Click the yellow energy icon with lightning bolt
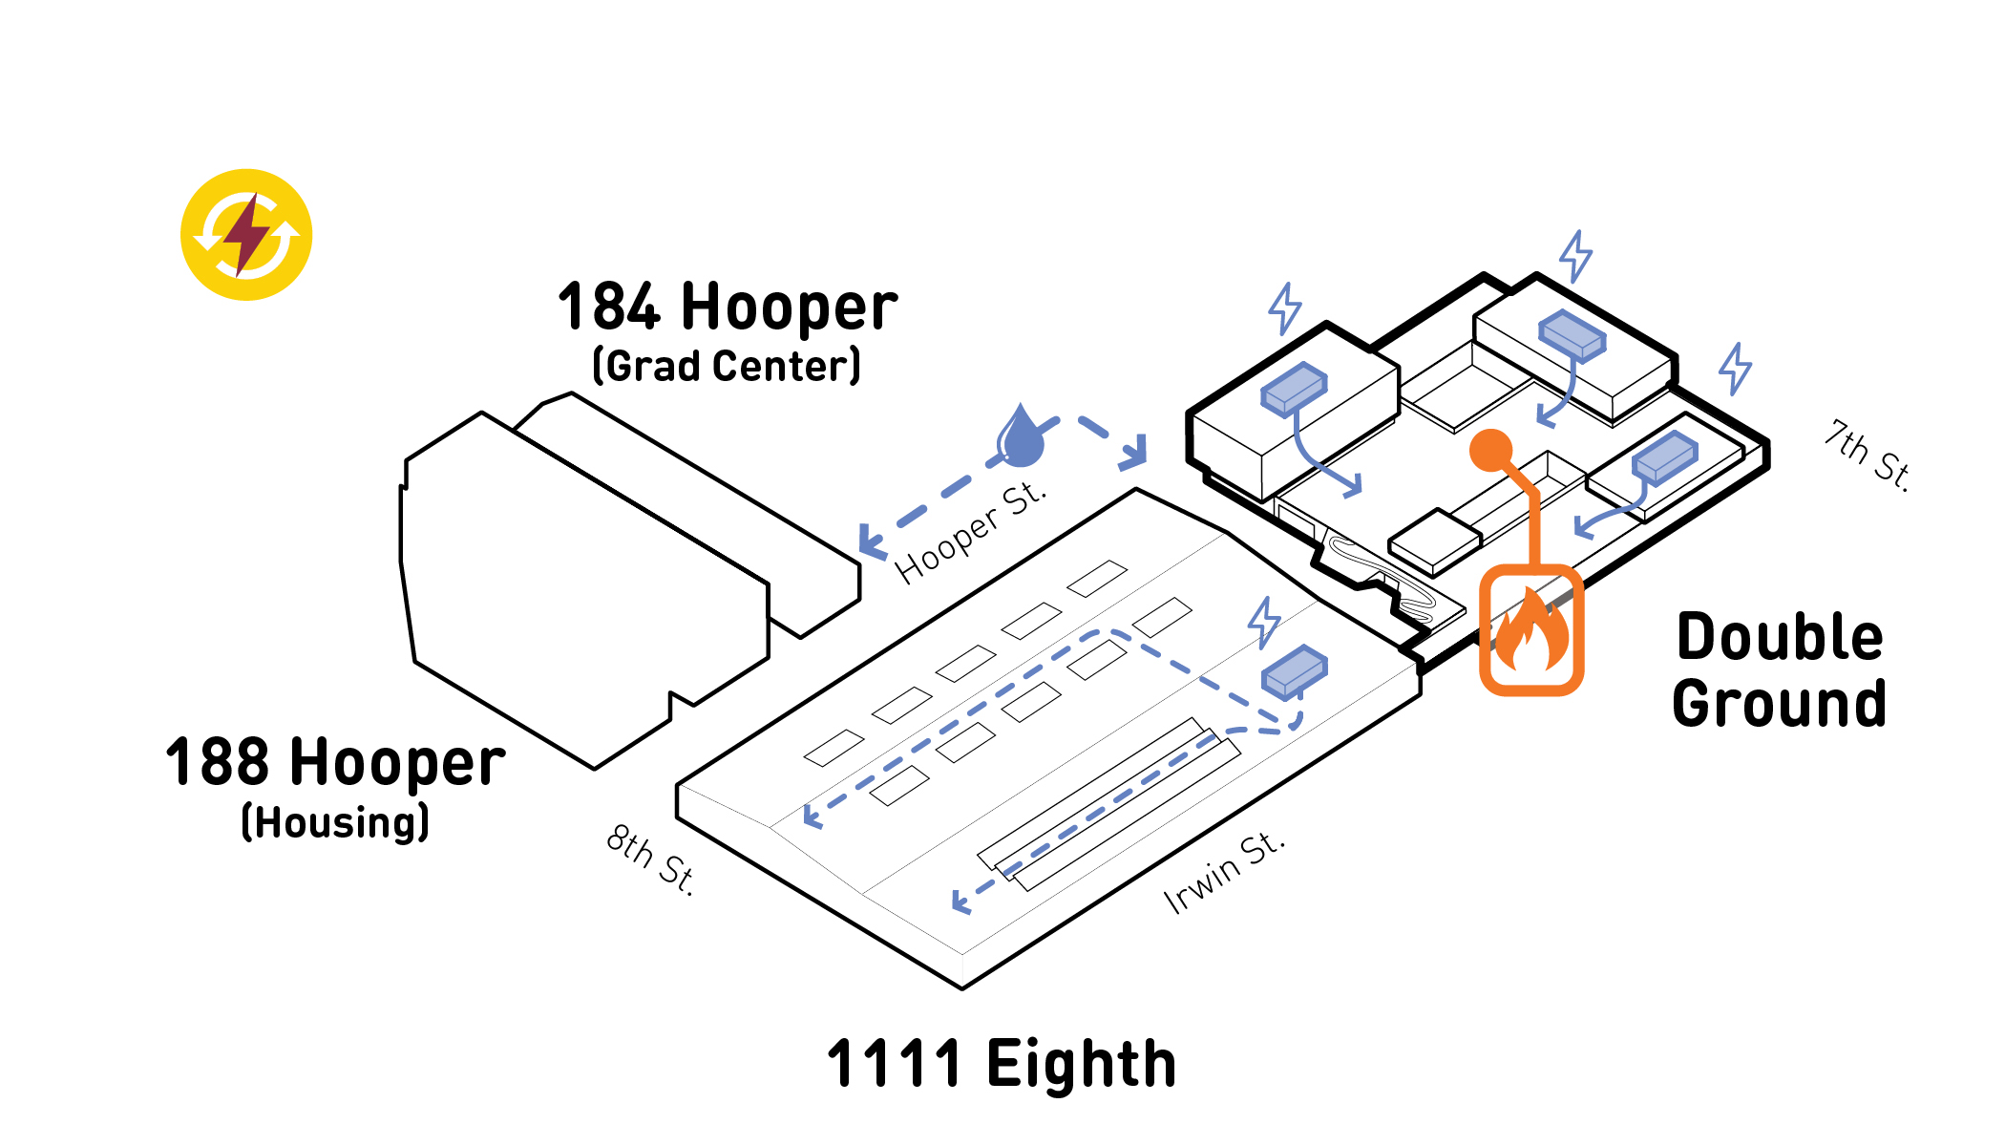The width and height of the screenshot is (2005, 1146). (246, 235)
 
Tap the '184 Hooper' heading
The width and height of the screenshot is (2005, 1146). (728, 308)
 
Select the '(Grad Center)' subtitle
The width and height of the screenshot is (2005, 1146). (727, 366)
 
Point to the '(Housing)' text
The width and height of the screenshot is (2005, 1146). (335, 822)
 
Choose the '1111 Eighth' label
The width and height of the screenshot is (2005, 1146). (1002, 1064)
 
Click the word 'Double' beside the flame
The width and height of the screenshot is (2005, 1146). (1780, 637)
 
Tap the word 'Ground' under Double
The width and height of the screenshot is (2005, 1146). (1780, 704)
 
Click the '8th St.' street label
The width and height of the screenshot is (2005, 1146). (651, 859)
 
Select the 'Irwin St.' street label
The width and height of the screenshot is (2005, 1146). (1224, 873)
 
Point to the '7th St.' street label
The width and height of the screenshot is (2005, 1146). (1868, 456)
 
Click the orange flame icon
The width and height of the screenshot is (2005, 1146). (1531, 630)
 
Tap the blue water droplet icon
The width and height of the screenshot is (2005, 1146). (1021, 436)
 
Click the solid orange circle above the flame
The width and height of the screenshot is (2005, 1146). (1490, 450)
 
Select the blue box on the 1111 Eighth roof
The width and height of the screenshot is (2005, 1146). (1295, 672)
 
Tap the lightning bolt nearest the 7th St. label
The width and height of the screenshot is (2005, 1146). (1736, 368)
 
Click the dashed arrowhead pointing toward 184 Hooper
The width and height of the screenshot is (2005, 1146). (871, 541)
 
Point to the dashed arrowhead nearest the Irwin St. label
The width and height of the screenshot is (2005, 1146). (960, 902)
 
